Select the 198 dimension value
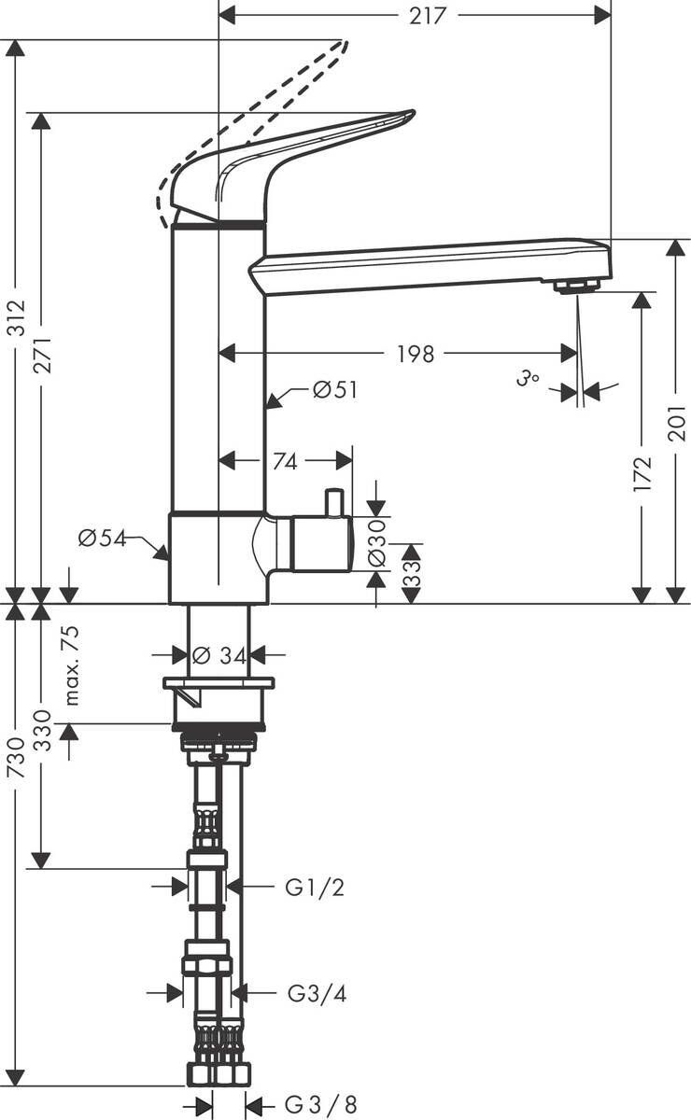[416, 354]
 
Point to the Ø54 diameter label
[101, 538]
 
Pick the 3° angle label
[529, 379]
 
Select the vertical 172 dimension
[641, 473]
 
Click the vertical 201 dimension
[677, 425]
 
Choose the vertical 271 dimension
[42, 355]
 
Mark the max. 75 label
[72, 665]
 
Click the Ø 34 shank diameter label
[219, 656]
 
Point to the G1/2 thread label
[314, 888]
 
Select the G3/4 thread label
[316, 994]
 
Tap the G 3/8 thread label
[320, 1105]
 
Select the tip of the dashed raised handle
[345, 43]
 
